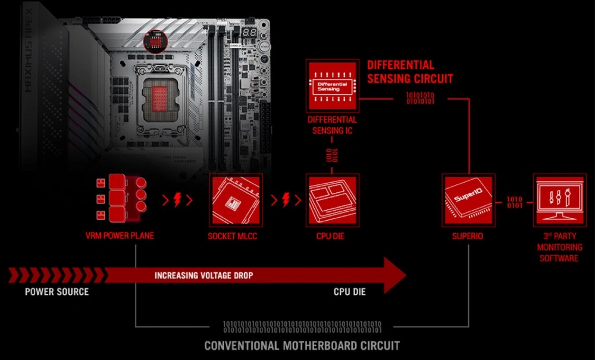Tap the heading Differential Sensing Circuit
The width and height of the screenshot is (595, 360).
coord(410,71)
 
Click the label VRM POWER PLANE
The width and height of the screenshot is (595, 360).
coord(120,236)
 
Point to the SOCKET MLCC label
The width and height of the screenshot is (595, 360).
coord(235,236)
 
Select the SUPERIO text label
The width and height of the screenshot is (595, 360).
coord(468,236)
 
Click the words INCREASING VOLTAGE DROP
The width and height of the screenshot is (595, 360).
coord(203,276)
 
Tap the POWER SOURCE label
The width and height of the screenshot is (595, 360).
coord(57,292)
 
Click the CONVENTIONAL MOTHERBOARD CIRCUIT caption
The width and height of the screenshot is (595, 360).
coord(302,345)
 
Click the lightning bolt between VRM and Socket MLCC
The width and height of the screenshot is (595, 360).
coord(177,199)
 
